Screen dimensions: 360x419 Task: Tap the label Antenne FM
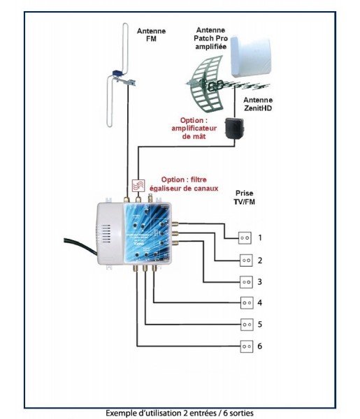[x=151, y=35]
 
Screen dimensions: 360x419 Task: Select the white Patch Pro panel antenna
[x=251, y=56]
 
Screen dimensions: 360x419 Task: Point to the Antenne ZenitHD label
[x=258, y=104]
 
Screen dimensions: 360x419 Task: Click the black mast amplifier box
[x=234, y=128]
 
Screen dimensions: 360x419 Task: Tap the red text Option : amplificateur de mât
[x=194, y=128]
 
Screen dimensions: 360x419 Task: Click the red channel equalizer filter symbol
[x=138, y=186]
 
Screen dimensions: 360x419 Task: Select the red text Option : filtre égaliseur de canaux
[x=184, y=184]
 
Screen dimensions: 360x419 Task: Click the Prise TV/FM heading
[x=245, y=198]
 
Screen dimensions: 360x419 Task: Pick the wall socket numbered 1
[x=245, y=238]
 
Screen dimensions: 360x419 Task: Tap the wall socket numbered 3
[x=246, y=282]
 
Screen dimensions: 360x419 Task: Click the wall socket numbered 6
[x=247, y=346]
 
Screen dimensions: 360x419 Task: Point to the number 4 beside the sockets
[x=260, y=303]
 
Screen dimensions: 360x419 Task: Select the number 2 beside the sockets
[x=260, y=260]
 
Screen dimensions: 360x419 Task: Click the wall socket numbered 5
[x=247, y=325]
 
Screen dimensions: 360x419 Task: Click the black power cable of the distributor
[x=80, y=245]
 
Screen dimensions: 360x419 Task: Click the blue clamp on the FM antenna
[x=117, y=73]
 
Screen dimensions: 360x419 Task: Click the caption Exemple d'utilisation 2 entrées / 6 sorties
[x=180, y=413]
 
